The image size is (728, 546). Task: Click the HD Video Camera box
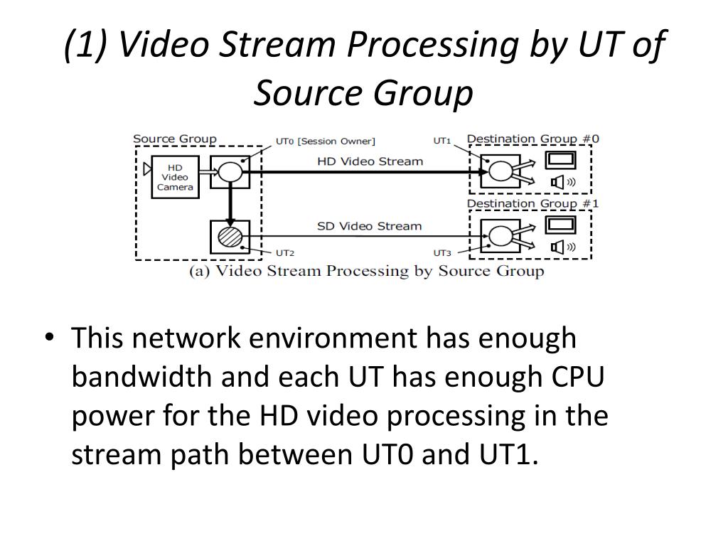pos(175,177)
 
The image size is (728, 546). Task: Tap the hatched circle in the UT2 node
pos(230,236)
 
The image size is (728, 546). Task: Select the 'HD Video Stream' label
pos(370,161)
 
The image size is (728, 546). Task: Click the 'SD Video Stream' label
pos(369,226)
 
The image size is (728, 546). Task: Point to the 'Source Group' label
pos(175,139)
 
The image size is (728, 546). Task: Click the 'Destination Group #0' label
pos(532,139)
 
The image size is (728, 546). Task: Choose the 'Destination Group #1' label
pos(532,204)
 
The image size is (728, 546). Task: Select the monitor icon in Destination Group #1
pos(560,225)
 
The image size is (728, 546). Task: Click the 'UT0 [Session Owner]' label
pos(325,141)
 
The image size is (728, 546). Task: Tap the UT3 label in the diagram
pos(442,252)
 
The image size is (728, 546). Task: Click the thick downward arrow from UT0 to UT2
pos(230,203)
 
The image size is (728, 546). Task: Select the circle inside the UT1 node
pos(500,171)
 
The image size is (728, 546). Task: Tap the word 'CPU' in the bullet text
pos(577,377)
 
